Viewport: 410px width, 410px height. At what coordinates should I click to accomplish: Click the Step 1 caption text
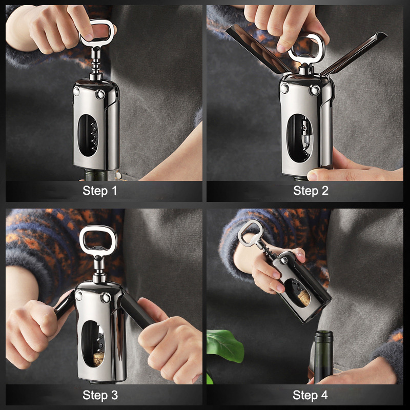[x=99, y=191]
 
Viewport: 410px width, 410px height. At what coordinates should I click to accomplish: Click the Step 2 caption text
[x=311, y=191]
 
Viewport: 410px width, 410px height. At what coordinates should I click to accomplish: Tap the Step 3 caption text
[x=100, y=395]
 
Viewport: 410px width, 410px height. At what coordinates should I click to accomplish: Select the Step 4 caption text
[x=310, y=395]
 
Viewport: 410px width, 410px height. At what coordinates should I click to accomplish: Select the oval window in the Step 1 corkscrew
[x=88, y=135]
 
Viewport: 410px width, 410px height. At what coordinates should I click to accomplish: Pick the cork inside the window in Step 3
[x=98, y=359]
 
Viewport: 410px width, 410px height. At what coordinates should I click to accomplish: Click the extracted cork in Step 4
[x=303, y=298]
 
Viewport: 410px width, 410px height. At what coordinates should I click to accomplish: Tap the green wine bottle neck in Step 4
[x=323, y=357]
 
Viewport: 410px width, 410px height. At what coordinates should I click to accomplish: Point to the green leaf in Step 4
[x=224, y=345]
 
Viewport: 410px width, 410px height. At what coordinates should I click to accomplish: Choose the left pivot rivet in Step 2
[x=284, y=88]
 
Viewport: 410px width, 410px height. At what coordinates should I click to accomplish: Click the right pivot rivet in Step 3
[x=106, y=298]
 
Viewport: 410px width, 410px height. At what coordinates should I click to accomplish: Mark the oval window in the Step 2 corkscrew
[x=300, y=138]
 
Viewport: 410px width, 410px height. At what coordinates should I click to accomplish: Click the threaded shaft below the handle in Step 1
[x=96, y=63]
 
